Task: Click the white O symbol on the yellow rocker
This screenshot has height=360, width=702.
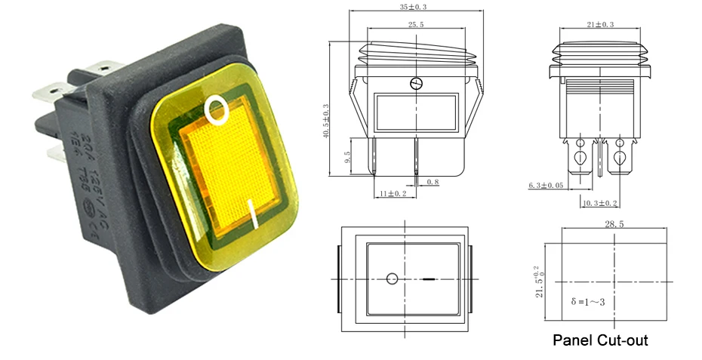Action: click(x=217, y=110)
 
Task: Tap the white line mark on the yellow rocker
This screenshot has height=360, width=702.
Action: click(x=254, y=214)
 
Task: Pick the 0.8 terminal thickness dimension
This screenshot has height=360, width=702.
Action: click(x=433, y=182)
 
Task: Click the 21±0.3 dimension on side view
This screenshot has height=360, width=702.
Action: click(x=599, y=25)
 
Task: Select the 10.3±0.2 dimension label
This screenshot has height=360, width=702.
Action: click(x=600, y=203)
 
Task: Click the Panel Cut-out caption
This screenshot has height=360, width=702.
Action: click(x=600, y=340)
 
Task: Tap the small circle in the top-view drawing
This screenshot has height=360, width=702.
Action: click(x=392, y=279)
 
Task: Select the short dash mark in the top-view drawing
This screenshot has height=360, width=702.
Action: click(x=429, y=279)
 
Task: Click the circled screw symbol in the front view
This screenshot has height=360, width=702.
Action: click(x=414, y=83)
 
